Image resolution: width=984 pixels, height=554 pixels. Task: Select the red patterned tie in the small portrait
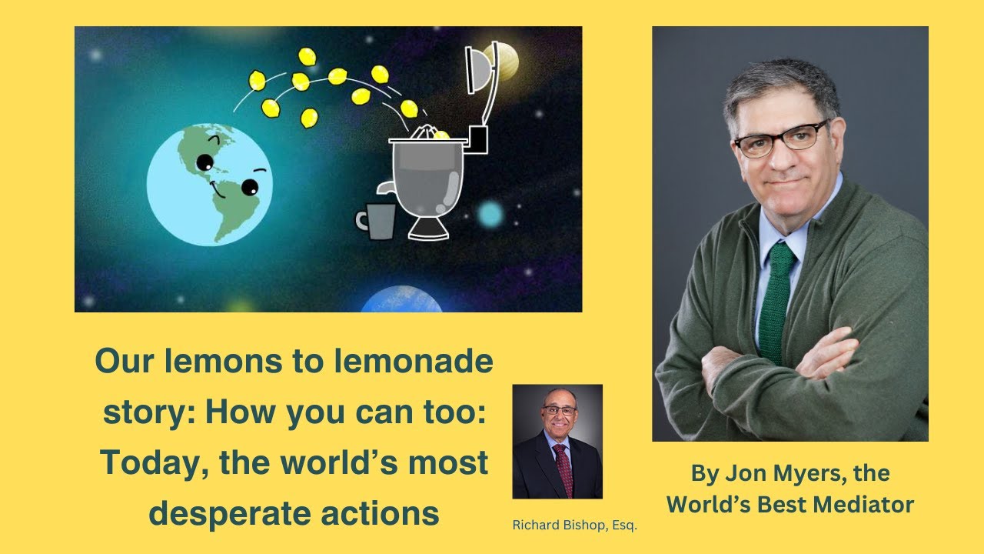(563, 466)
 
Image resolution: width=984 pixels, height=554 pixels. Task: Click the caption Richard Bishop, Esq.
(575, 526)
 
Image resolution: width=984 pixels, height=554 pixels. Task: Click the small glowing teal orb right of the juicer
(490, 213)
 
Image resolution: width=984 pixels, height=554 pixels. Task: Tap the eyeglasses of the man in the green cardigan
(778, 139)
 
